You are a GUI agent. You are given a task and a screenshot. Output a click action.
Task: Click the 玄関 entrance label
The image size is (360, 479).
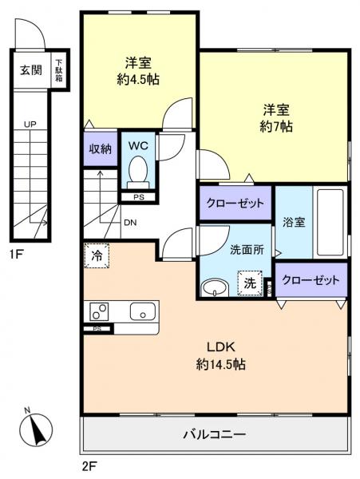[x=30, y=70]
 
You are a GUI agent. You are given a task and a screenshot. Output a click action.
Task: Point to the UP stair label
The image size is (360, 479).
[x=29, y=125]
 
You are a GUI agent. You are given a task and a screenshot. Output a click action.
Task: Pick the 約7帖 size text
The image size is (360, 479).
[x=274, y=126]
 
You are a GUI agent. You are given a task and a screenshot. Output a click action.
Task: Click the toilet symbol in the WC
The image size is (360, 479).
[x=139, y=170]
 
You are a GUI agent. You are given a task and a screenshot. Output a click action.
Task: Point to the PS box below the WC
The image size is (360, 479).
[x=138, y=196]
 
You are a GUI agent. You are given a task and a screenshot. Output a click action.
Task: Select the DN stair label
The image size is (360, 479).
[x=129, y=223]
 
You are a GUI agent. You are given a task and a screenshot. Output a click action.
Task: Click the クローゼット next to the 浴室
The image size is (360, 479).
[x=235, y=203]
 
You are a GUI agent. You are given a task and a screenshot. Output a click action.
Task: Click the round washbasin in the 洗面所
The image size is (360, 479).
[x=213, y=287]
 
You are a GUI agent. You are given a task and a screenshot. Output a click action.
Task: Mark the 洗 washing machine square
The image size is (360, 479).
[x=251, y=283]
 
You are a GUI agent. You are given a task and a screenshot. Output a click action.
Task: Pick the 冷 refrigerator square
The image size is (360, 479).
[x=96, y=257]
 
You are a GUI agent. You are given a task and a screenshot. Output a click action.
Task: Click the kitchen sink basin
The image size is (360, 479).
[x=142, y=311]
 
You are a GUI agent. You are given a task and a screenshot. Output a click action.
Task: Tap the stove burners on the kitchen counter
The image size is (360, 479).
[x=101, y=311]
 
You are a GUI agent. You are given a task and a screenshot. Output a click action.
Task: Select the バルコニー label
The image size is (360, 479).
[x=216, y=435]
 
